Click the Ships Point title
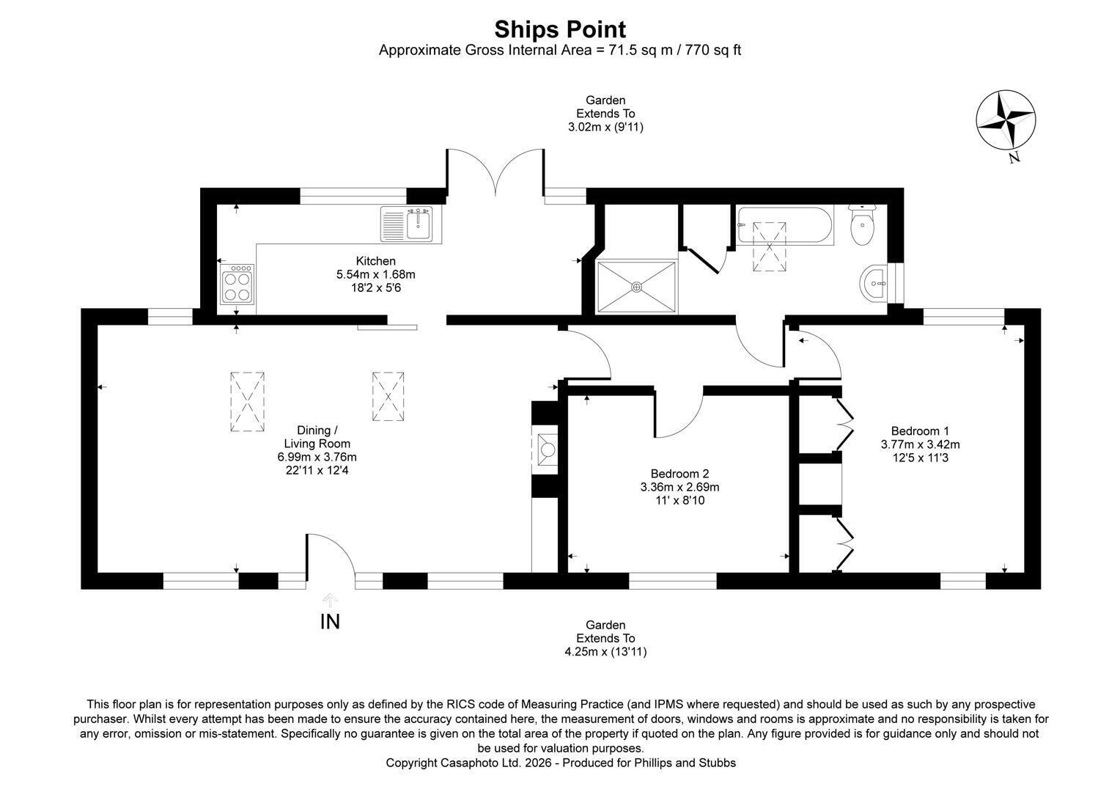pos(560,29)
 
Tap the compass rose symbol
pos(1006,120)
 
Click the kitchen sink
pos(411,224)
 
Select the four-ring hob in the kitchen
pos(237,285)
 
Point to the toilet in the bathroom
pos(863,224)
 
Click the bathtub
pos(784,225)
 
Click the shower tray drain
pos(636,287)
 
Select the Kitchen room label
pos(375,260)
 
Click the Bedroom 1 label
pos(920,430)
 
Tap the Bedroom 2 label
pos(680,473)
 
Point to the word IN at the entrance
pos(330,622)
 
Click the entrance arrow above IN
pos(330,601)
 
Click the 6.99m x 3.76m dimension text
pos(317,457)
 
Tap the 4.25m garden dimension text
pos(605,652)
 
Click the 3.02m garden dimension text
pos(605,127)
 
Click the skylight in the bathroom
pos(769,246)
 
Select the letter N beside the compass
pos(1014,158)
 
